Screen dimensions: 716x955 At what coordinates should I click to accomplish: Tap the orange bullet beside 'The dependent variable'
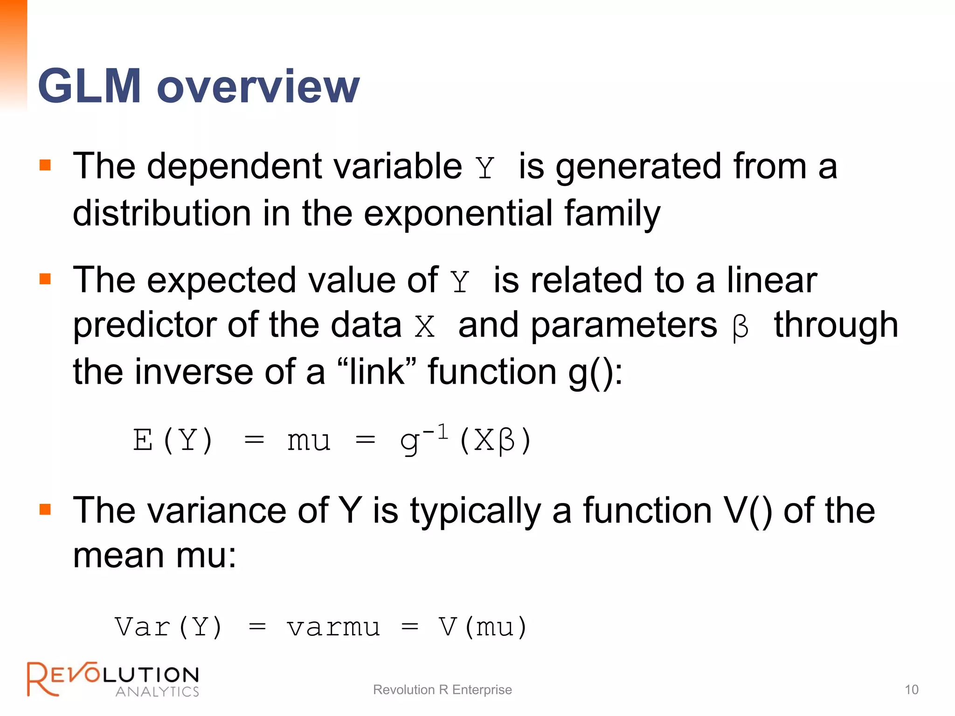[x=45, y=165]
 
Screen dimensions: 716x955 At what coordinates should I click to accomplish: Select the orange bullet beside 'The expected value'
[x=45, y=279]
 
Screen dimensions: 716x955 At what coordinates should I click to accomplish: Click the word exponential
[x=458, y=213]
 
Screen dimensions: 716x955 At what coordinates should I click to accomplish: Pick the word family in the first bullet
[x=612, y=213]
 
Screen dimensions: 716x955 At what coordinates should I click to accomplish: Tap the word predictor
[x=144, y=325]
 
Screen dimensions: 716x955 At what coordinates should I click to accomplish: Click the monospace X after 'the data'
[x=424, y=327]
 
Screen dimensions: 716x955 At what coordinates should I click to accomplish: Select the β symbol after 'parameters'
[x=740, y=328]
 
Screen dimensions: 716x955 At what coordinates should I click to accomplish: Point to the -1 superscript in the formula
[x=436, y=432]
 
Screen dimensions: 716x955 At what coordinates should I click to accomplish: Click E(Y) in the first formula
[x=173, y=440]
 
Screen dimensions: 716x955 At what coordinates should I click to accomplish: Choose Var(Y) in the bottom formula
[x=169, y=627]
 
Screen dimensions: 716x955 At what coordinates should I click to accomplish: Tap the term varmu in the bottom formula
[x=333, y=627]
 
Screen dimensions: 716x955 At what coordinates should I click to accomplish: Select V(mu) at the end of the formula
[x=483, y=627]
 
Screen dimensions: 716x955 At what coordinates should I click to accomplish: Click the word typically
[x=475, y=511]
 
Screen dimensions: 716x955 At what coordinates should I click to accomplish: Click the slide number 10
[x=911, y=689]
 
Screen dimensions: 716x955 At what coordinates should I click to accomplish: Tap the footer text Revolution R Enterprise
[x=442, y=689]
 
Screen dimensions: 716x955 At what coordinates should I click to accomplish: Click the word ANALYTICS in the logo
[x=157, y=691]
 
